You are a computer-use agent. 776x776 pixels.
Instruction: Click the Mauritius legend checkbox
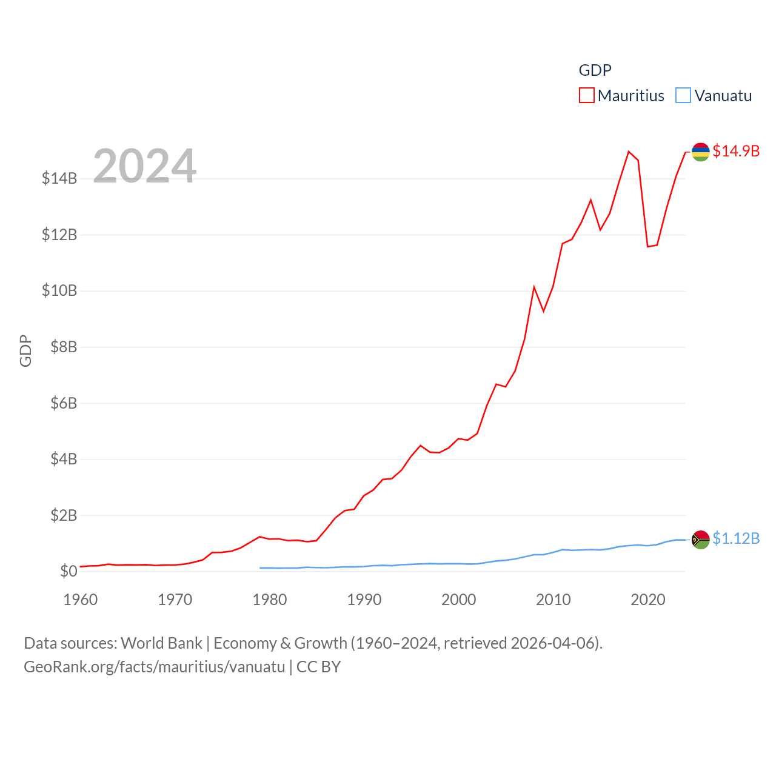click(x=587, y=96)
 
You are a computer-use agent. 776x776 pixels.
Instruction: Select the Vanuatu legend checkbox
click(x=683, y=96)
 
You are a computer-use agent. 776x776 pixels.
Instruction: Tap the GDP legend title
click(x=595, y=70)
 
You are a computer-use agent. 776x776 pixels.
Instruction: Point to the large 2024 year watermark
click(x=144, y=166)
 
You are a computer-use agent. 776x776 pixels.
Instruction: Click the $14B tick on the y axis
click(x=59, y=178)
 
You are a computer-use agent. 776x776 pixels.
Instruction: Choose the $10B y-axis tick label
click(x=59, y=290)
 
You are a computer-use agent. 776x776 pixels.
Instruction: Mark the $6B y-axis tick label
click(x=64, y=403)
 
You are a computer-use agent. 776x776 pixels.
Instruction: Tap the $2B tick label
click(x=64, y=515)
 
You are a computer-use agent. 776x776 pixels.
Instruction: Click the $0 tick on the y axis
click(x=69, y=571)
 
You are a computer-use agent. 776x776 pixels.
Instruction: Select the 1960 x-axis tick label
click(x=81, y=600)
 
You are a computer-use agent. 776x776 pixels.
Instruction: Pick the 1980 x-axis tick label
click(x=270, y=600)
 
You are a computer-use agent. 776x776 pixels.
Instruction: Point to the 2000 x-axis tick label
click(x=459, y=600)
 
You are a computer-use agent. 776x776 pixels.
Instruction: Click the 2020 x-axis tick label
click(x=648, y=600)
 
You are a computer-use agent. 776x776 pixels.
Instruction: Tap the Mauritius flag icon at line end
click(x=701, y=152)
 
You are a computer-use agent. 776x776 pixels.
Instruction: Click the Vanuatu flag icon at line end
click(x=701, y=539)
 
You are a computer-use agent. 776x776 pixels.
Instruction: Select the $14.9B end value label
click(x=736, y=151)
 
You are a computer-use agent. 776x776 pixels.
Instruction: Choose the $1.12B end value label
click(x=736, y=538)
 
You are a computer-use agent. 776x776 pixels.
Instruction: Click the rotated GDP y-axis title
click(x=25, y=350)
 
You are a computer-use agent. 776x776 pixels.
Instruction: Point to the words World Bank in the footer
click(x=161, y=643)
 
